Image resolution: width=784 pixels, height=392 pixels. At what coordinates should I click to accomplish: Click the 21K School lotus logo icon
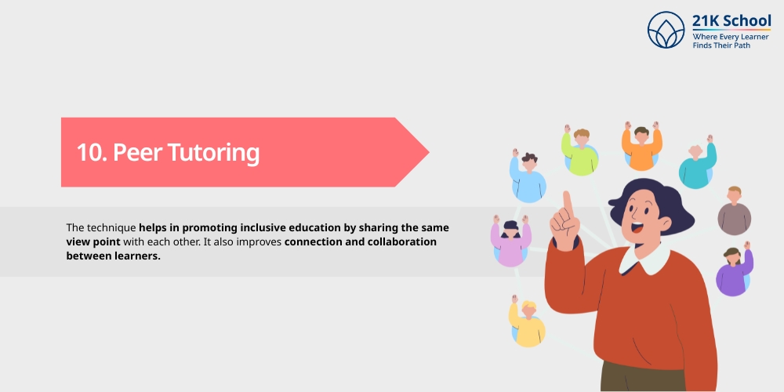(666, 30)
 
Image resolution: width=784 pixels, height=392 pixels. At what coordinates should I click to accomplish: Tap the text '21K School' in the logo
(731, 21)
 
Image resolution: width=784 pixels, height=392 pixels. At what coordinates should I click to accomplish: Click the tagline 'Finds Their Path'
(721, 45)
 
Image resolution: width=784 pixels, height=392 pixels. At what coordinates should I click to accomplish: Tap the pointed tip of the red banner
(429, 152)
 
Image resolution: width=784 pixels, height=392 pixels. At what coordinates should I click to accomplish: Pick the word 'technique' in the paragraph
(111, 228)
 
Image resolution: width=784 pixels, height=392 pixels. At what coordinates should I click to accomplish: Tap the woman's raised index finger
(567, 202)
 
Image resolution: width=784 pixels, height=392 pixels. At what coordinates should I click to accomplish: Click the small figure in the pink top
(510, 241)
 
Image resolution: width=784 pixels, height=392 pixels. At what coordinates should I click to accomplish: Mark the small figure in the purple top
(734, 269)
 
